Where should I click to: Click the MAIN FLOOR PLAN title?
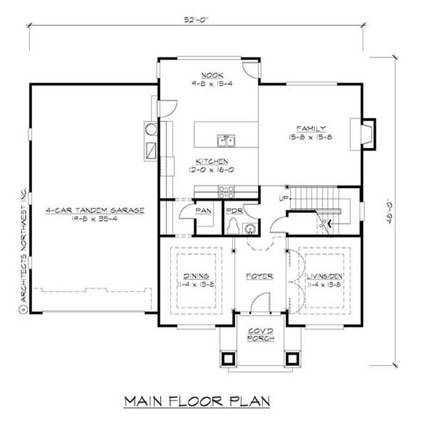(x=197, y=402)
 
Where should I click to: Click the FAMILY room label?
(x=311, y=129)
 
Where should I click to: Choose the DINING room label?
(x=196, y=276)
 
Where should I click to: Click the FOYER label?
(x=260, y=276)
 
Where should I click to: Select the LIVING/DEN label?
(x=324, y=276)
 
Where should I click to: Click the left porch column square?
(x=227, y=358)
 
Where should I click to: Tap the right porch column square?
(x=293, y=358)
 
